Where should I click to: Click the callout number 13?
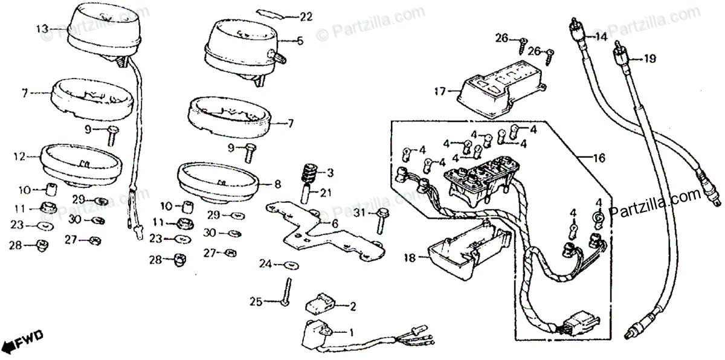coord(42,28)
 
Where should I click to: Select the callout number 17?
coord(439,92)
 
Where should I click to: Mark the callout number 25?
coord(257,300)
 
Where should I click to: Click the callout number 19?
coord(649,59)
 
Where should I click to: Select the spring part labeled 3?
coord(309,174)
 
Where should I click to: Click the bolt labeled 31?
coord(380,220)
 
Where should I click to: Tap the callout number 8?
coord(277,184)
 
